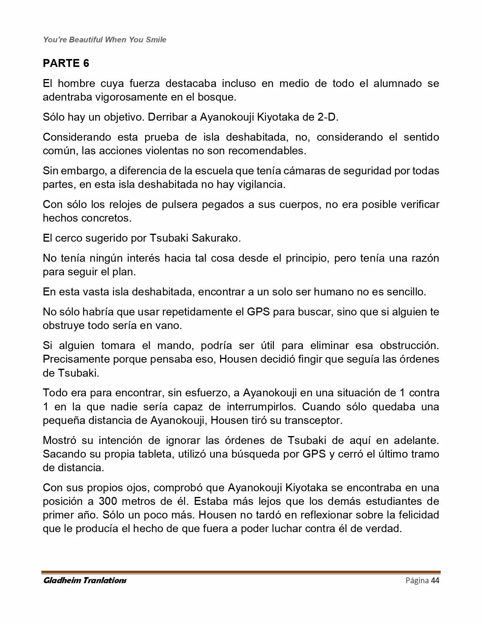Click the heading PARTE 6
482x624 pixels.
coord(66,63)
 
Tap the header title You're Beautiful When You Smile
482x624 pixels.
coord(105,40)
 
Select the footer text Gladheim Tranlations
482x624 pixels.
coord(85,581)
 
